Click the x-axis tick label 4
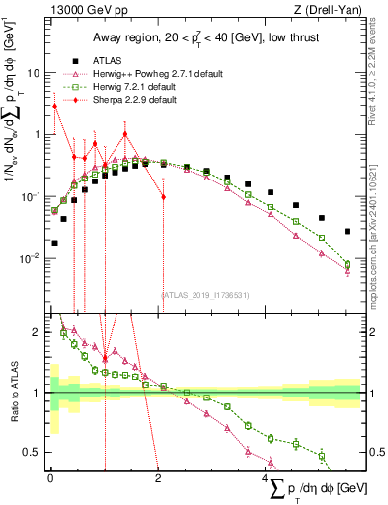266,477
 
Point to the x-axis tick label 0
50,477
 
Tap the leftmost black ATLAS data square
54,243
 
